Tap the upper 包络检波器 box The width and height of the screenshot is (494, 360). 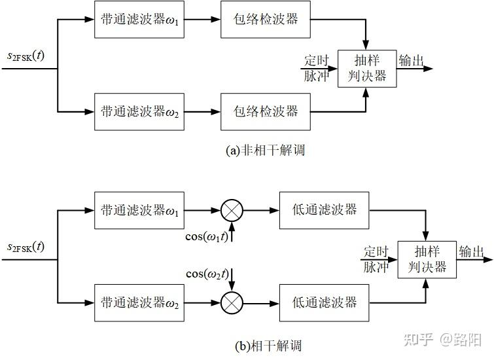[265, 19]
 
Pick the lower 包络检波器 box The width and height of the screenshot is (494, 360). [265, 112]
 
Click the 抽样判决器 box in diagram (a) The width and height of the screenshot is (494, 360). [367, 68]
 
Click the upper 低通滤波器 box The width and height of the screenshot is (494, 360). [325, 210]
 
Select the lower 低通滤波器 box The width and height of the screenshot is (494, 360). [325, 303]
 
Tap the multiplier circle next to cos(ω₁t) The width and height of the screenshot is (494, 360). [232, 210]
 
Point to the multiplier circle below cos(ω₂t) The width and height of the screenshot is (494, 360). [232, 303]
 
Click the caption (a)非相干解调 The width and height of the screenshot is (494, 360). [265, 151]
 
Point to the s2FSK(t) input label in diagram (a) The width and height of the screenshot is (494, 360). [26, 56]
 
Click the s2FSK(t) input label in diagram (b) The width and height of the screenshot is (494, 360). [26, 247]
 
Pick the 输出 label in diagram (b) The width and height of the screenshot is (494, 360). [471, 251]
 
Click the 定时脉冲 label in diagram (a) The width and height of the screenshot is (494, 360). [317, 68]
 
